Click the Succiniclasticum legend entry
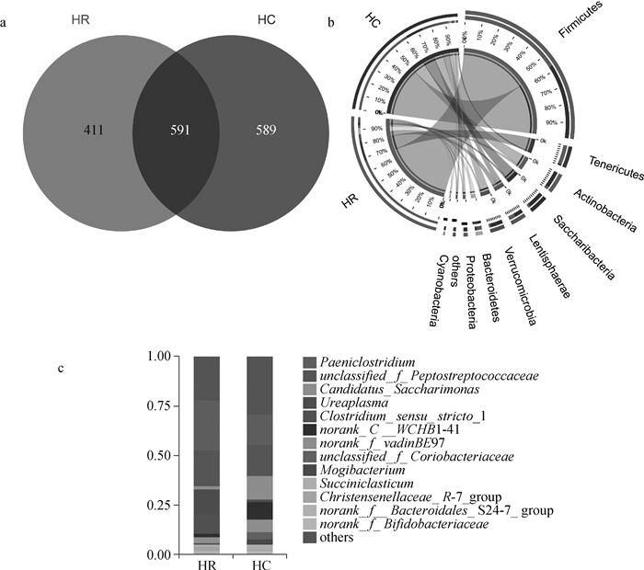coord(365,483)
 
